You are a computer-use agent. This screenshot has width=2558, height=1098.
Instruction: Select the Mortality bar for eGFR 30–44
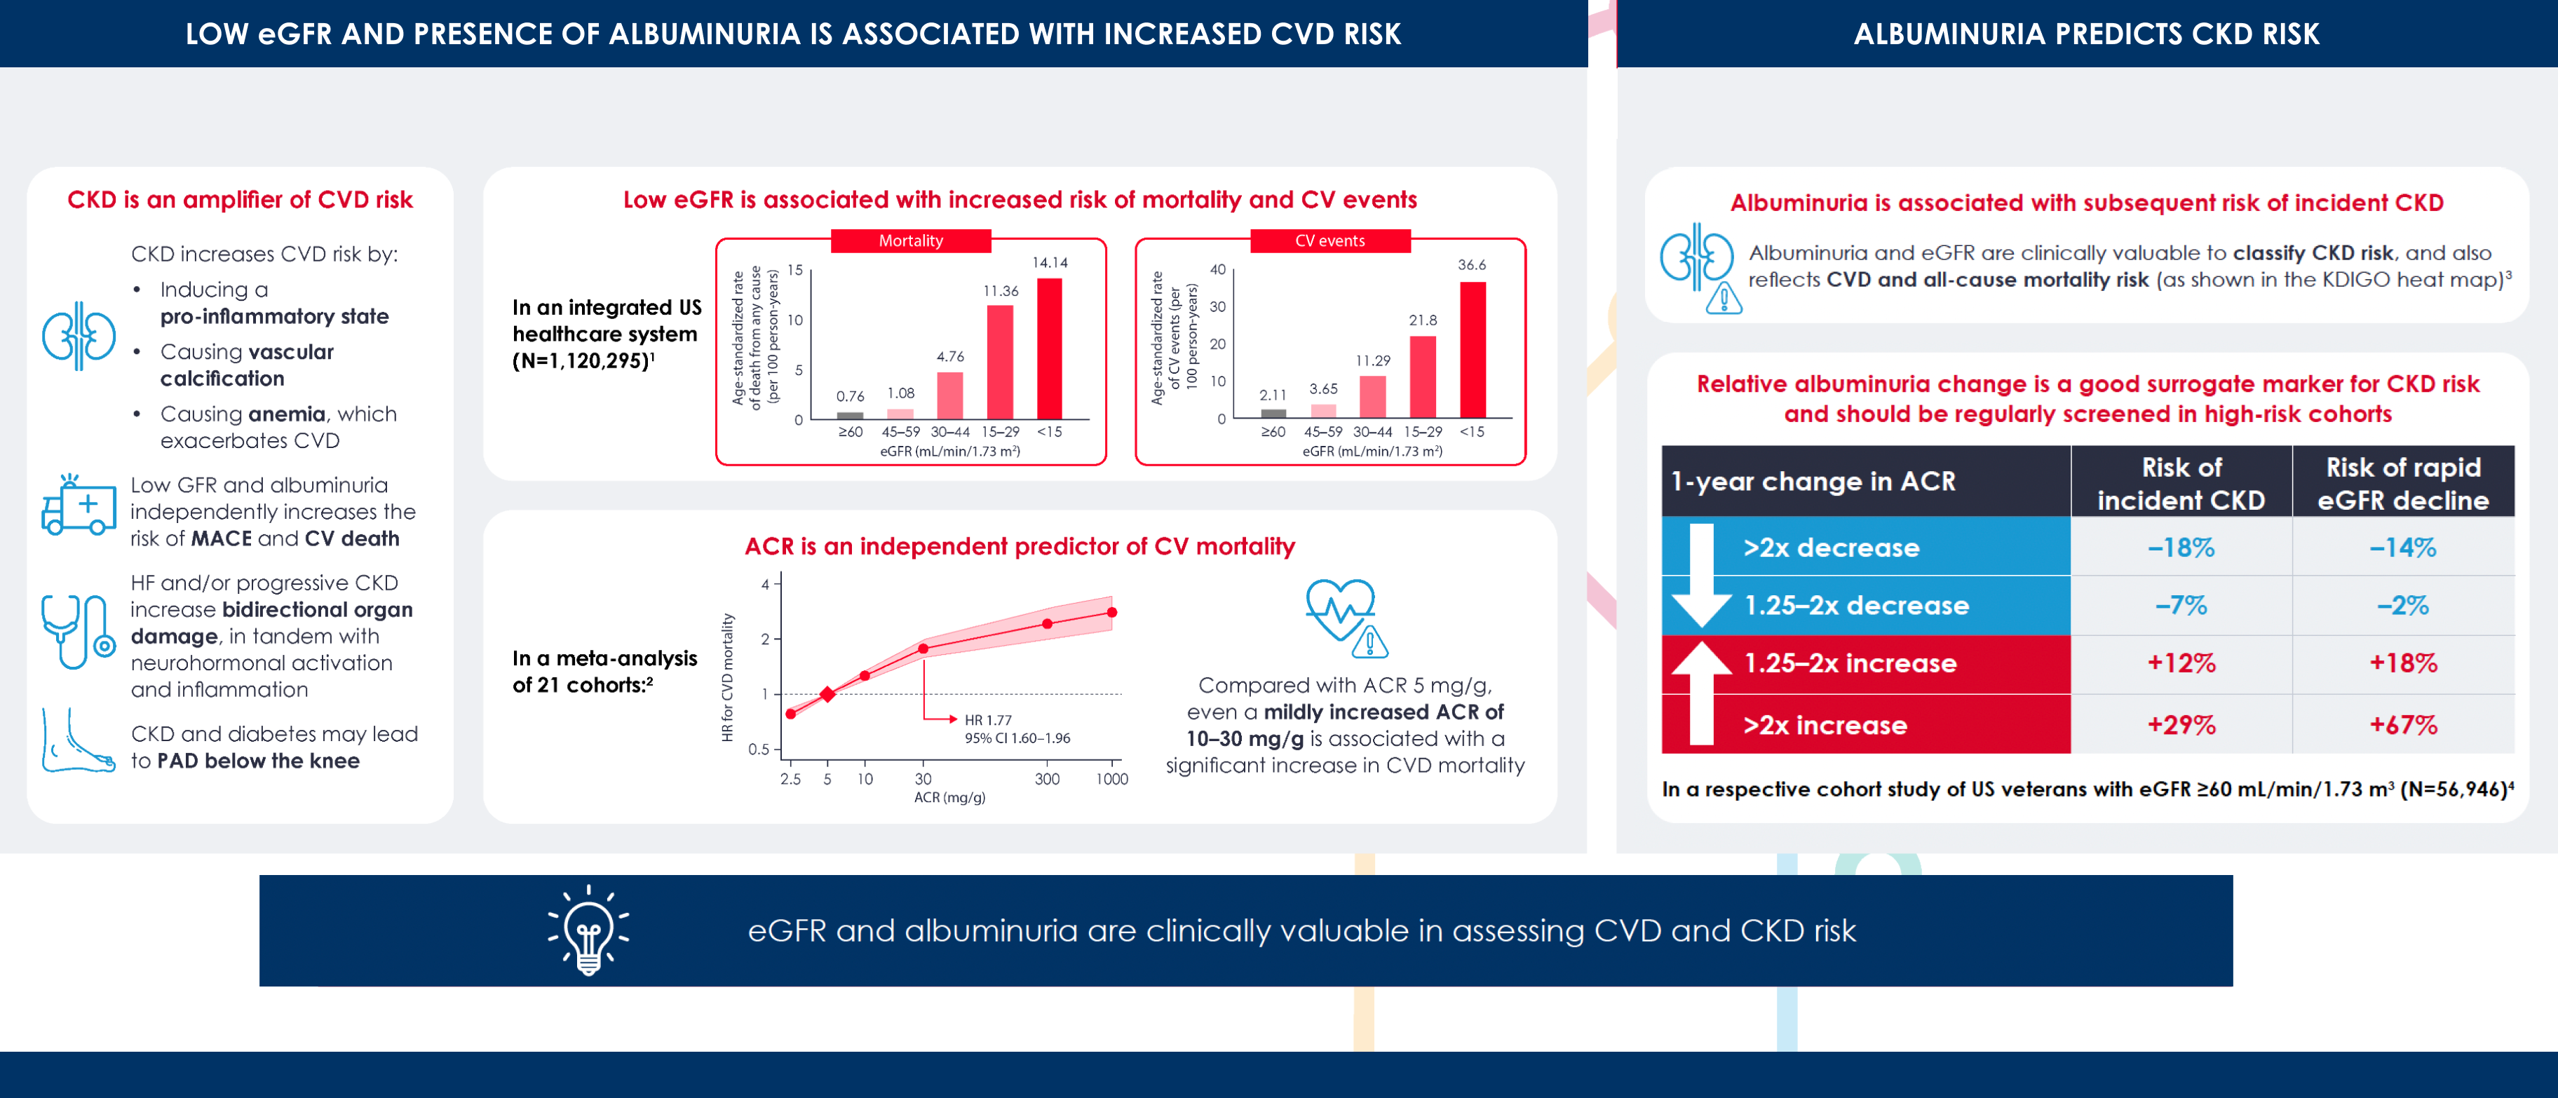coord(949,395)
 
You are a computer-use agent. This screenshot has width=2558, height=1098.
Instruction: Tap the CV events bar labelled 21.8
coord(1422,377)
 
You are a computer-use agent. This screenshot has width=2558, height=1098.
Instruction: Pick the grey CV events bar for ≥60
coord(1273,413)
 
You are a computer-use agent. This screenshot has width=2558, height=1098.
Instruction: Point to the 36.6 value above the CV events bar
coord(1472,265)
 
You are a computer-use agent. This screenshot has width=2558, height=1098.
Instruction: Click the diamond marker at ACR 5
coord(827,694)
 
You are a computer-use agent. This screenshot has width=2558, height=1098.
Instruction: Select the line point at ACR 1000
coord(1111,613)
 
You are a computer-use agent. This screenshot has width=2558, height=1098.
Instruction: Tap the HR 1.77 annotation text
coord(988,720)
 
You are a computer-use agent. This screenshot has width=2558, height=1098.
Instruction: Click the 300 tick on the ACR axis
coord(1047,779)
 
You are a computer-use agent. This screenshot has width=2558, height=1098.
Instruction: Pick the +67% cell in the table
coord(2403,725)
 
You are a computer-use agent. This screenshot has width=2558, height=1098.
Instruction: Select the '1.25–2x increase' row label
coord(1850,663)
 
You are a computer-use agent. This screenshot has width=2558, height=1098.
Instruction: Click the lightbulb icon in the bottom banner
coord(589,930)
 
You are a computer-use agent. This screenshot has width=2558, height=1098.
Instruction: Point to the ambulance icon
coord(79,506)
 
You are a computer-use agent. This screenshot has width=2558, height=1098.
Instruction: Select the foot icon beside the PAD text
coord(76,742)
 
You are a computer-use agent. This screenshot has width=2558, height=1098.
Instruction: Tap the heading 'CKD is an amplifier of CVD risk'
coord(241,200)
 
